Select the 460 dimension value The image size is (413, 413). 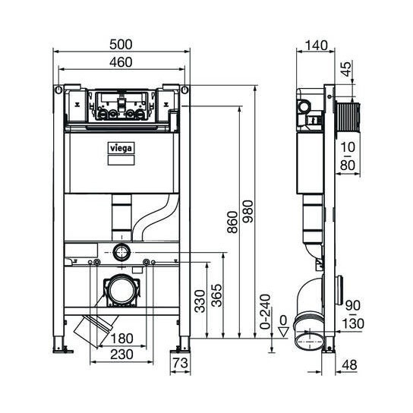click(121, 62)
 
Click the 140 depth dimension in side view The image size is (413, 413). click(314, 45)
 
